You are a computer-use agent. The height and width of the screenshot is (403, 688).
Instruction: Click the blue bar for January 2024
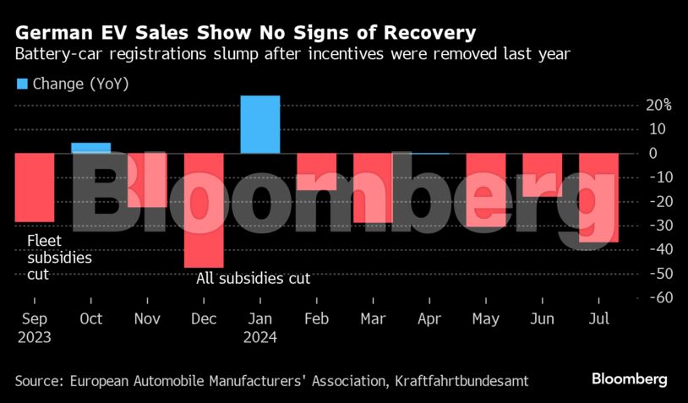click(259, 125)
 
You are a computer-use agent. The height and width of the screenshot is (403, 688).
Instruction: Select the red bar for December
click(204, 210)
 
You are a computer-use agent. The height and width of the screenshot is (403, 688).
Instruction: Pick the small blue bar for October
click(90, 148)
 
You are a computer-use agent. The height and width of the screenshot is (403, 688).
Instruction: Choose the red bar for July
click(598, 198)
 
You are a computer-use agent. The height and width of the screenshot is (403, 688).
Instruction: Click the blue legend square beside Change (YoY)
click(22, 84)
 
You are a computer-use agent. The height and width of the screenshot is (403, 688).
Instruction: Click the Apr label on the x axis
click(429, 319)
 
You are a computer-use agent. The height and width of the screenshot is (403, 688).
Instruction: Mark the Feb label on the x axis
click(316, 319)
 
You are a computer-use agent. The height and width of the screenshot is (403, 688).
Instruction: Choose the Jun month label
click(542, 319)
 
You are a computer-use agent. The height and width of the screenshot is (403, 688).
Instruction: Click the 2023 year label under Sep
click(33, 337)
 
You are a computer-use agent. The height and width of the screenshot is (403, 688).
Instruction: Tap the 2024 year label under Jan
click(259, 337)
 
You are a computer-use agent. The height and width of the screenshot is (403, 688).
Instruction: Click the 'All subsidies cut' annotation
click(254, 278)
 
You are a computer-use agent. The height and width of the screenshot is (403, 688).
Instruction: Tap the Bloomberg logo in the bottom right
click(630, 378)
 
